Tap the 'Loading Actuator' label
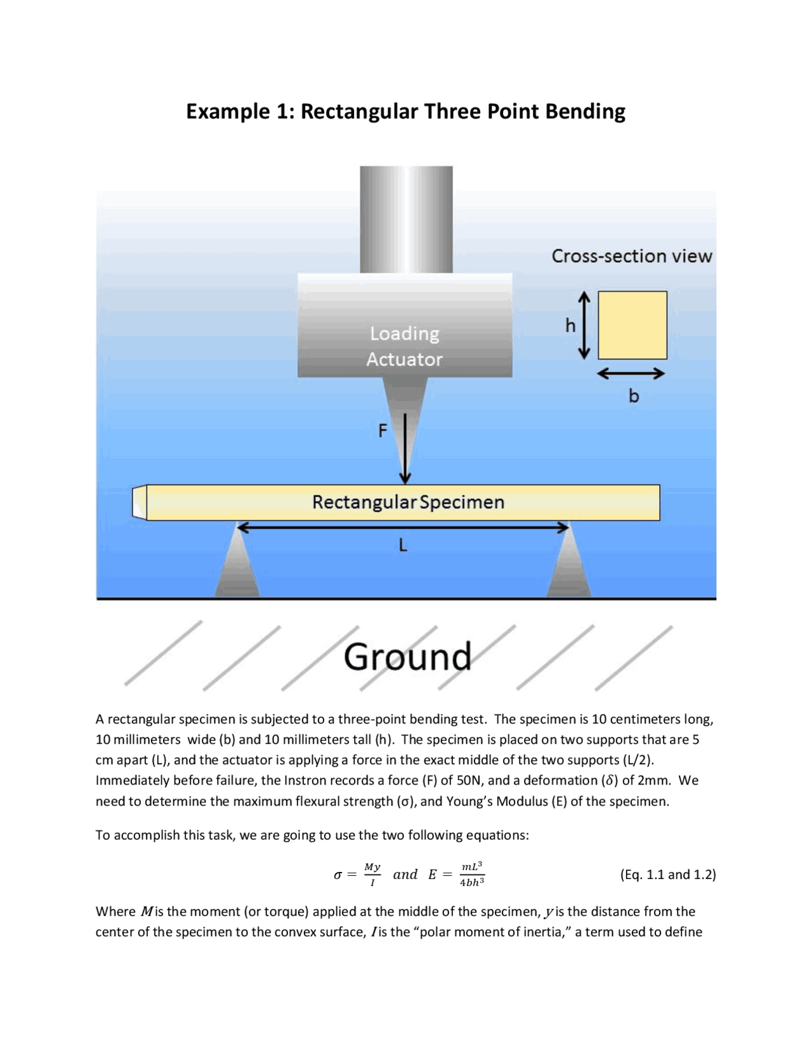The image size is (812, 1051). [x=405, y=347]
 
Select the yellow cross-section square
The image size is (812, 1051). [x=632, y=326]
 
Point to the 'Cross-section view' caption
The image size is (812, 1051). [x=631, y=256]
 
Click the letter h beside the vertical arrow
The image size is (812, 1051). [x=570, y=326]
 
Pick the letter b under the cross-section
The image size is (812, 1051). [x=634, y=396]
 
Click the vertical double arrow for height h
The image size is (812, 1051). [x=584, y=326]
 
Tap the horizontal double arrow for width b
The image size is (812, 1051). [x=631, y=374]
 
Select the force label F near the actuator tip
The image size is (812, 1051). [x=383, y=431]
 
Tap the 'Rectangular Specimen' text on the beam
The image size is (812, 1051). [x=408, y=502]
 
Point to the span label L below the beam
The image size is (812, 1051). [x=403, y=545]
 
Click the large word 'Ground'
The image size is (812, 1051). [x=407, y=657]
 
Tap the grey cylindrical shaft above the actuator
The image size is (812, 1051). [x=406, y=220]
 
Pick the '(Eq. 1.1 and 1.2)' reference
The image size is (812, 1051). [x=667, y=875]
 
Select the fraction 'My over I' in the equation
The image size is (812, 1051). [x=372, y=875]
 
